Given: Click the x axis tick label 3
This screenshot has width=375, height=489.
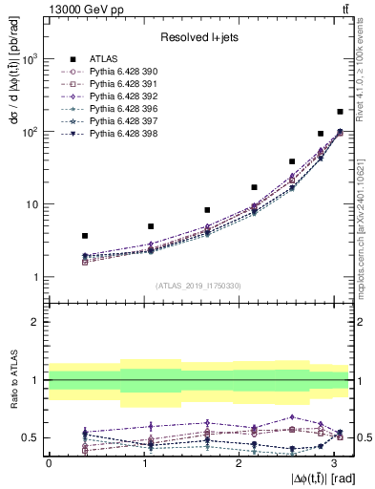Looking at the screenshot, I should tap(333, 462).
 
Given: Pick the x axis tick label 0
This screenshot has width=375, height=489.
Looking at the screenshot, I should tap(49, 462).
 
